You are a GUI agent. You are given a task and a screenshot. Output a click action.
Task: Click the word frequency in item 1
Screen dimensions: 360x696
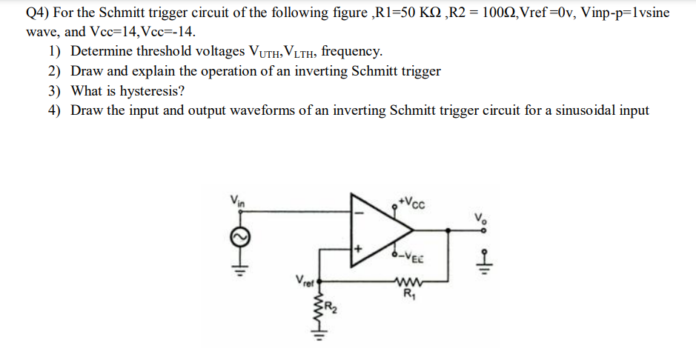click(x=352, y=52)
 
